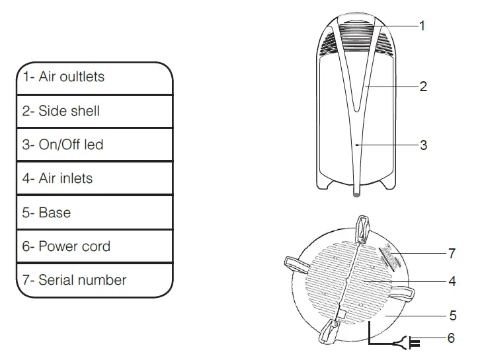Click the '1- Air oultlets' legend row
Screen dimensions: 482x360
tap(94, 77)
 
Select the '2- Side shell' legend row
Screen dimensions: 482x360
tap(94, 111)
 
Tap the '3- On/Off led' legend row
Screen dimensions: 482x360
tap(94, 145)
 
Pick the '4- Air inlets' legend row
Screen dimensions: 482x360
tap(94, 178)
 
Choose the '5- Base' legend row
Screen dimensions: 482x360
tap(94, 213)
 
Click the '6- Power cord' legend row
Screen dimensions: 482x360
tap(94, 246)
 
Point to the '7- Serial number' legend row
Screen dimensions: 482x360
tap(94, 280)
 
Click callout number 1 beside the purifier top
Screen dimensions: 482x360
tap(422, 25)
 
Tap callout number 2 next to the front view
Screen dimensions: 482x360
tap(423, 86)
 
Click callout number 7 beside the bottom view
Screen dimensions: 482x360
tap(452, 253)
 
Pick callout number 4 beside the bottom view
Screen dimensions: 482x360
tap(452, 281)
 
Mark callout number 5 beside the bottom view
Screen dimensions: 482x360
tap(452, 316)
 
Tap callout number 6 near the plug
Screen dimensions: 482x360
tap(451, 338)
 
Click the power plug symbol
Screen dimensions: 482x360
tap(414, 342)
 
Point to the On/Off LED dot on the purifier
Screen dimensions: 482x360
tap(356, 143)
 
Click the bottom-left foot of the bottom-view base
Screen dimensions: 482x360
tap(329, 334)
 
